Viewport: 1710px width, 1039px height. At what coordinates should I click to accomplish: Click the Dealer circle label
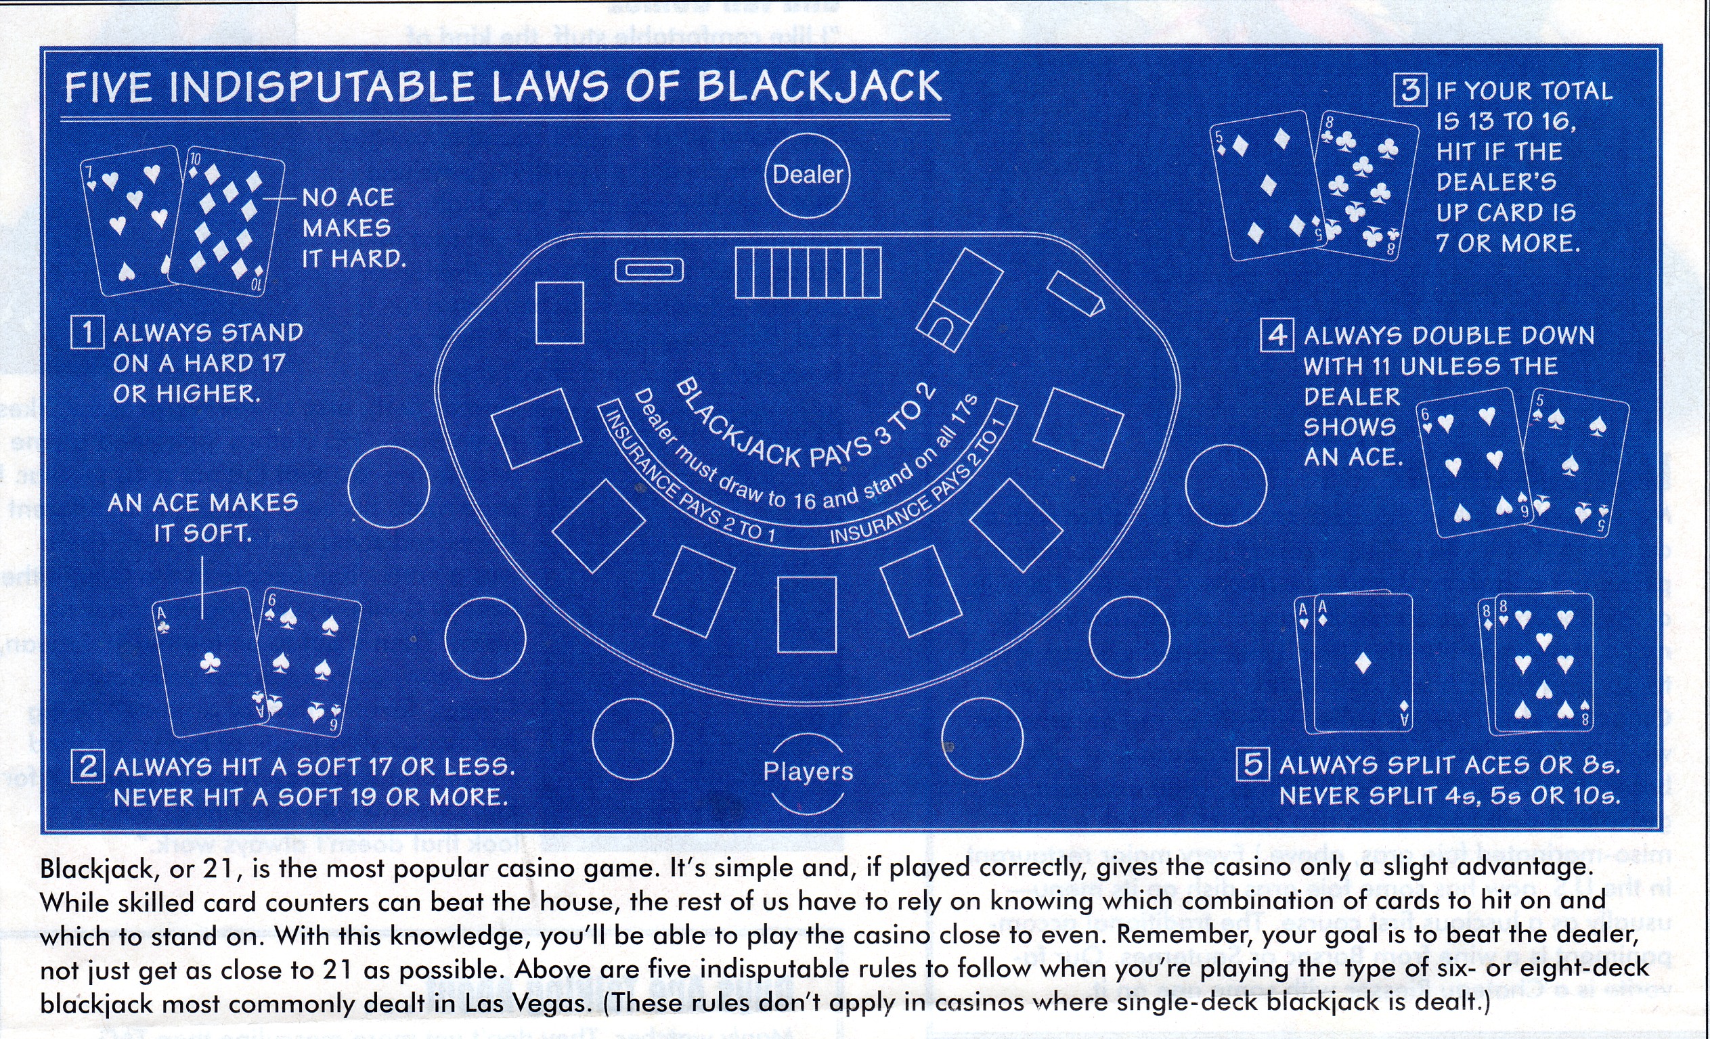tap(807, 175)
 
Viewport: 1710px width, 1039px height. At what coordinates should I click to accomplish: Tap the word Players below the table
tap(808, 771)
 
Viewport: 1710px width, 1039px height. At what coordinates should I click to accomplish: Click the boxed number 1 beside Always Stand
tap(87, 332)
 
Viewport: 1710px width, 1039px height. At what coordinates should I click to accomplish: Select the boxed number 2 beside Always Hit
tap(88, 767)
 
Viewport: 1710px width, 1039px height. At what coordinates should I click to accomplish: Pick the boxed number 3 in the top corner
tap(1410, 90)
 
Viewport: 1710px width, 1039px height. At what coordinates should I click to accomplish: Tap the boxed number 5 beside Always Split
tap(1253, 764)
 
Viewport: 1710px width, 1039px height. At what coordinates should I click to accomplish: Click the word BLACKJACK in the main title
tap(819, 87)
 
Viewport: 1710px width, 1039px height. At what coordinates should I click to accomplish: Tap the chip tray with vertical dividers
tap(808, 273)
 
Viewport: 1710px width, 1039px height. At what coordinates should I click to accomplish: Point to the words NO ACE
tap(348, 198)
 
